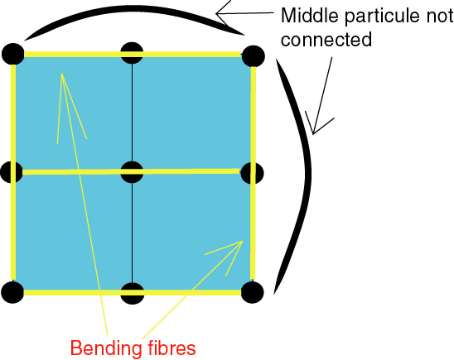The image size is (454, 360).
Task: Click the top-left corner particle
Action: click(x=13, y=54)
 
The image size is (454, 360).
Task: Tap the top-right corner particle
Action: click(x=253, y=56)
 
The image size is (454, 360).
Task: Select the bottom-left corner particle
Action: click(x=12, y=292)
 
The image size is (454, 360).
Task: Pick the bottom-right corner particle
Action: click(x=252, y=292)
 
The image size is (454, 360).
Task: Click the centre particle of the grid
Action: click(x=132, y=172)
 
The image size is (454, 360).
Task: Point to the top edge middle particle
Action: click(x=132, y=53)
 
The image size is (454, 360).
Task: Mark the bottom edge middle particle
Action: click(x=132, y=293)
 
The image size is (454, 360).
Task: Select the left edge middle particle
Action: click(x=12, y=172)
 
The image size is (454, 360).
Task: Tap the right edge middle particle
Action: click(x=252, y=173)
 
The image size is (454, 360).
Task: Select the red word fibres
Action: click(x=171, y=348)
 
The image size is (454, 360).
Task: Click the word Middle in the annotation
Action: click(x=310, y=16)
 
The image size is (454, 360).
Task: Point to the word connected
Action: click(x=326, y=40)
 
